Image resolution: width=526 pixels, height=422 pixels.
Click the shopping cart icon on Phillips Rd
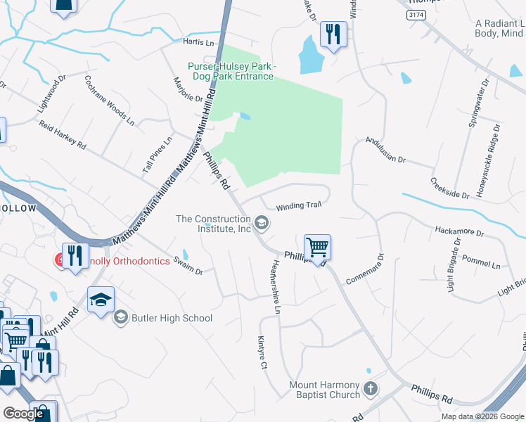[x=318, y=247]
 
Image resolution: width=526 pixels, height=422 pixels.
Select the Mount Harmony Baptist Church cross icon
[x=371, y=388]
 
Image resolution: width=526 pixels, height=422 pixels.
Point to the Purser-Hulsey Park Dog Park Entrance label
[x=231, y=71]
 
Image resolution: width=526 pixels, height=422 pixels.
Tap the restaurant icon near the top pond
[x=332, y=34]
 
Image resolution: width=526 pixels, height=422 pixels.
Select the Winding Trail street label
[x=298, y=205]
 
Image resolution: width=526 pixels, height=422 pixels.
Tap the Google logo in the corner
[x=23, y=414]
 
